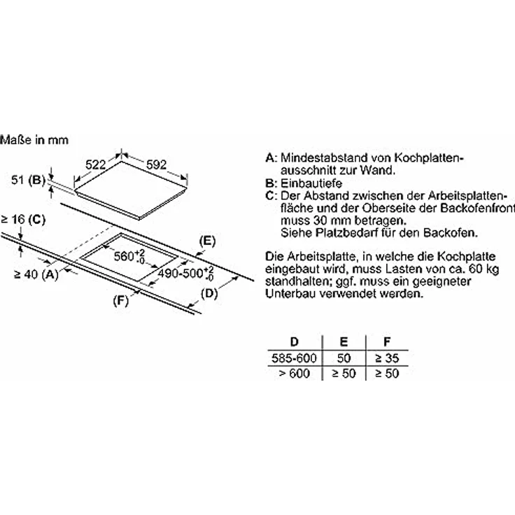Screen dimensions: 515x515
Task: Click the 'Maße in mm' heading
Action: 35,140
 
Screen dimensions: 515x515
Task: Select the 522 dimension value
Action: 95,164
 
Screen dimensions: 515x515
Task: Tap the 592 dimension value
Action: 156,164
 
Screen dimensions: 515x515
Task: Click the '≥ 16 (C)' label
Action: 23,220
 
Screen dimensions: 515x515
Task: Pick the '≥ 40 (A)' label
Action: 31,274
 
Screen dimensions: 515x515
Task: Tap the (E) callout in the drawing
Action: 206,240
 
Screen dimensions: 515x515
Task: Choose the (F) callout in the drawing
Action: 122,302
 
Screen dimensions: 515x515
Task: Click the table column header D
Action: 294,343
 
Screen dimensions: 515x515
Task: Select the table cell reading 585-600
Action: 294,358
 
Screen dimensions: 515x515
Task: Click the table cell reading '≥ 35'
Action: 386,358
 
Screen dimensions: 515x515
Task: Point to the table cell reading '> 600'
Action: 294,374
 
